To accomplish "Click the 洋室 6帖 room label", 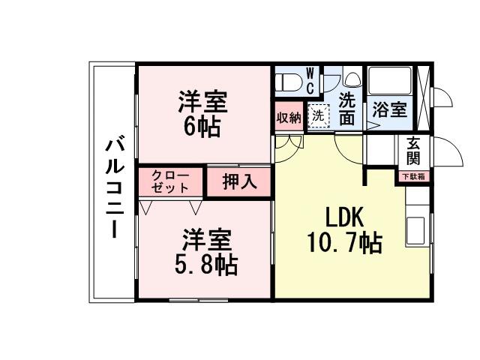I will [202, 113].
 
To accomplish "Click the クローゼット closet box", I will [170, 181].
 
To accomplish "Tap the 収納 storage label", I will [289, 117].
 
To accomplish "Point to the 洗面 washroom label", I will [346, 109].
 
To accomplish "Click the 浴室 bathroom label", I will [390, 109].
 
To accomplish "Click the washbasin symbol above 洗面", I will [352, 79].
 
